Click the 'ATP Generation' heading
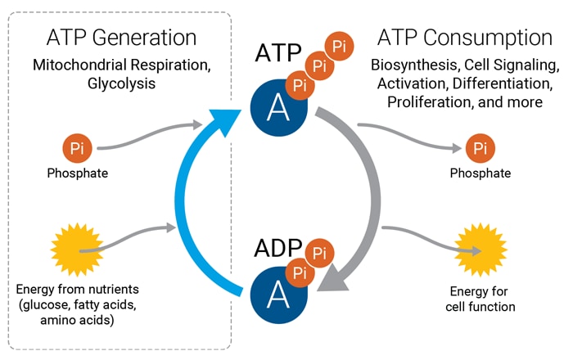120,38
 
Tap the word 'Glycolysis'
120,83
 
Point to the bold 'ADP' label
277,249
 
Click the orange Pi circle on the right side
481,149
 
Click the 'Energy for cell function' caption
483,299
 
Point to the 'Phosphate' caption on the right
481,173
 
